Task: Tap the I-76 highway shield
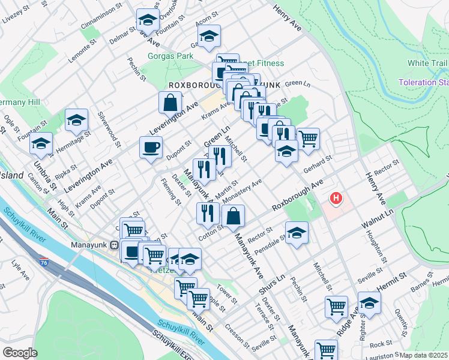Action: (x=44, y=262)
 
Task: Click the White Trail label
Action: (x=427, y=63)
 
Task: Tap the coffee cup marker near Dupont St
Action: (x=151, y=146)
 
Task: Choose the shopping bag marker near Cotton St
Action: (x=233, y=217)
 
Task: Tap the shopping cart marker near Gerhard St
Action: (x=308, y=139)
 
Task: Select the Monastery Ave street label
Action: (x=243, y=190)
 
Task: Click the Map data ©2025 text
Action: (x=423, y=355)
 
